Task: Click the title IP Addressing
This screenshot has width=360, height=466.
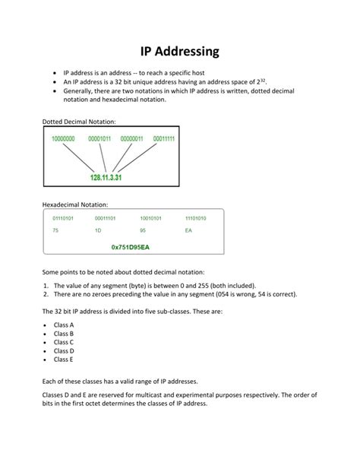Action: pos(180,51)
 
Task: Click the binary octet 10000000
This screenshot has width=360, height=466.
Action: pos(63,138)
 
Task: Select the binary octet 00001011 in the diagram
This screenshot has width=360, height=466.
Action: pos(99,138)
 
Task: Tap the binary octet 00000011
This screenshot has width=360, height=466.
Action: pos(131,138)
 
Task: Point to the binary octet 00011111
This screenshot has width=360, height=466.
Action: pos(163,138)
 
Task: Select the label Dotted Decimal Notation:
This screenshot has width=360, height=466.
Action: pos(79,121)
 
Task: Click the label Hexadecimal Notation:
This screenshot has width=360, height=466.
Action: pos(75,204)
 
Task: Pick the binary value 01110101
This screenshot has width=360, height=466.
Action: pos(63,218)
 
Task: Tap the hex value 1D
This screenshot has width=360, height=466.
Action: pos(99,230)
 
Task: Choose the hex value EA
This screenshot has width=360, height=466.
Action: pos(188,230)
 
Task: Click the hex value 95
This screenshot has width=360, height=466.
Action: pos(143,230)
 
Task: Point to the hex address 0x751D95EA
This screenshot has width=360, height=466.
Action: pos(131,247)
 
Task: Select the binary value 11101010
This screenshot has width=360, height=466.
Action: pos(195,218)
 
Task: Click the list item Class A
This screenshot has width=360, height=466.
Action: pos(64,325)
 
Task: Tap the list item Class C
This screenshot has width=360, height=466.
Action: pos(64,343)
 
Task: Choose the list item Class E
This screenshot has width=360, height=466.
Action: pos(64,360)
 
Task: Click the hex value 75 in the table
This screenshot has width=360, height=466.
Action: pos(55,230)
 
